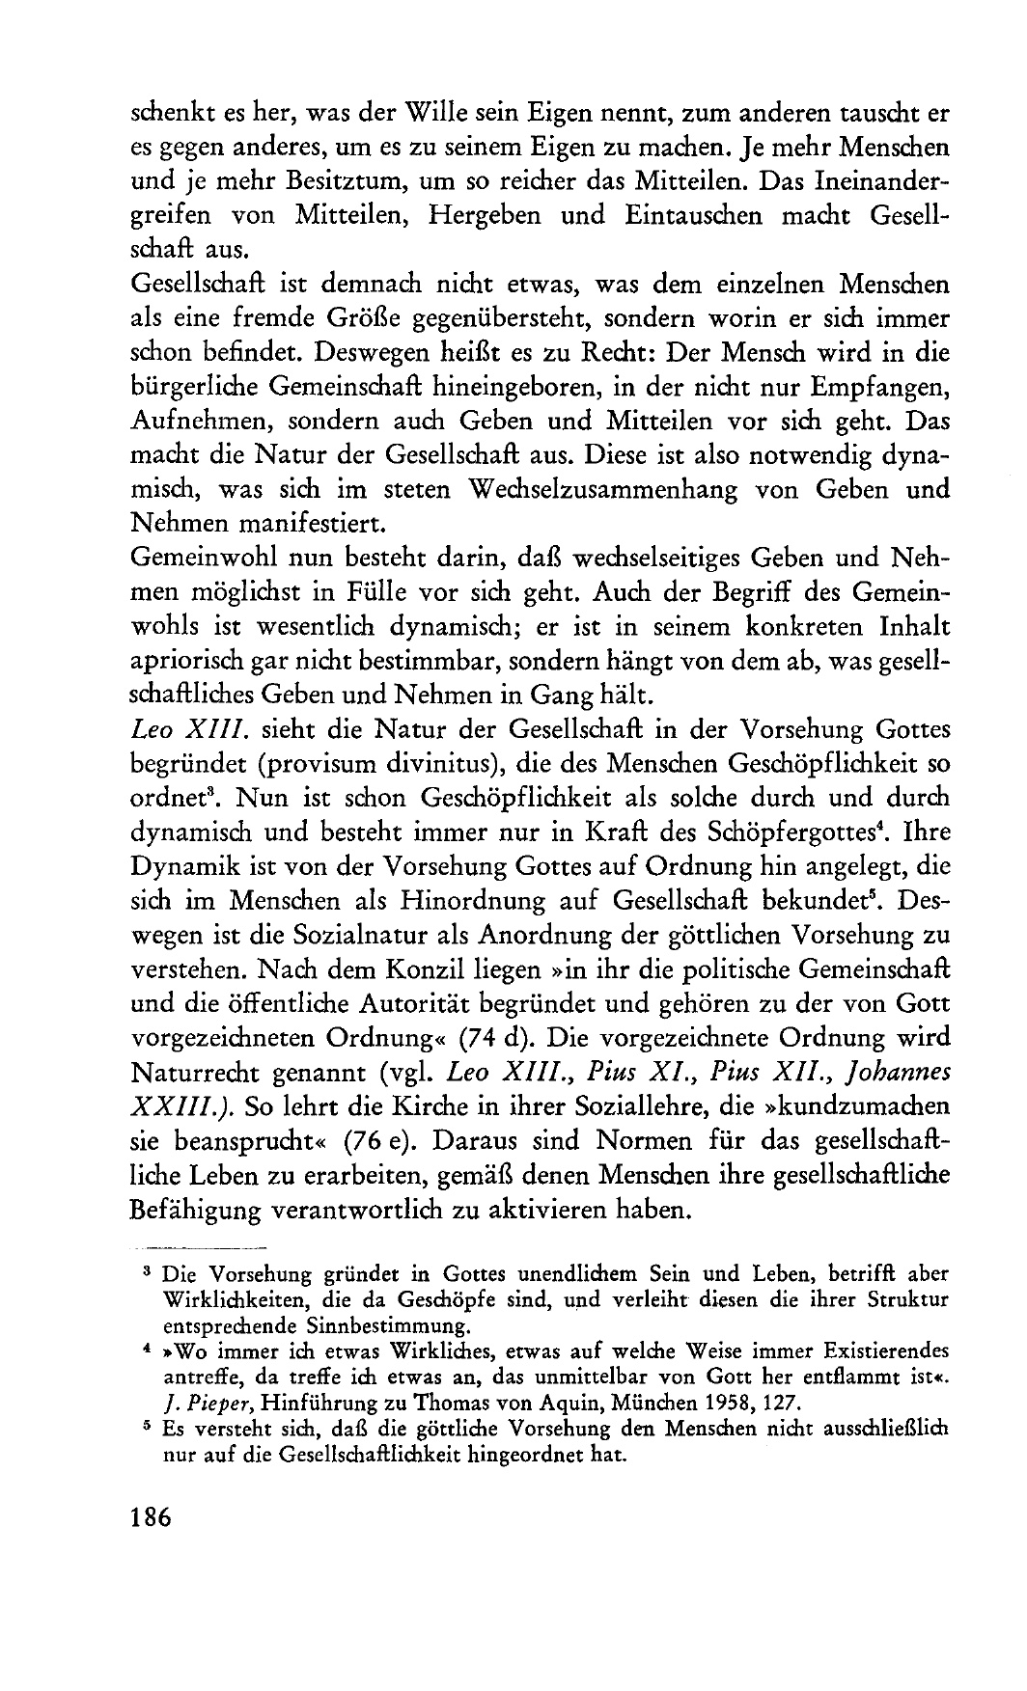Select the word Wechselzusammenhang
pyautogui.click(x=587, y=489)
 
